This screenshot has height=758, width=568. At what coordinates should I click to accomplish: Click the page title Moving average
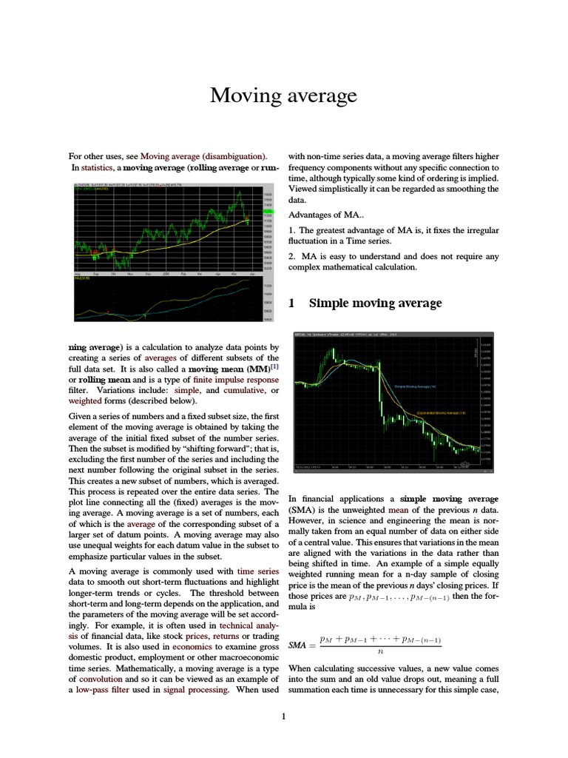(x=283, y=95)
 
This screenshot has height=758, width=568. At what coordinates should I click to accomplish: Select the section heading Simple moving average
(x=375, y=302)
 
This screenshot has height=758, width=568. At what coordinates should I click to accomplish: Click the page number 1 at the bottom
(x=283, y=716)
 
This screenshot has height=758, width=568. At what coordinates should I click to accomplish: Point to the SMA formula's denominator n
(x=379, y=651)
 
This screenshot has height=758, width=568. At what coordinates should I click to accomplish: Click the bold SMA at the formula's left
(x=297, y=645)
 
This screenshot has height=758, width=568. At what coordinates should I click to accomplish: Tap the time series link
(x=257, y=571)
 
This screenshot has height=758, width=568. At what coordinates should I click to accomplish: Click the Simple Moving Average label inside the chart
(x=415, y=386)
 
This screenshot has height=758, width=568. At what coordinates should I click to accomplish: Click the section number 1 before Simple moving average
(x=291, y=302)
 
